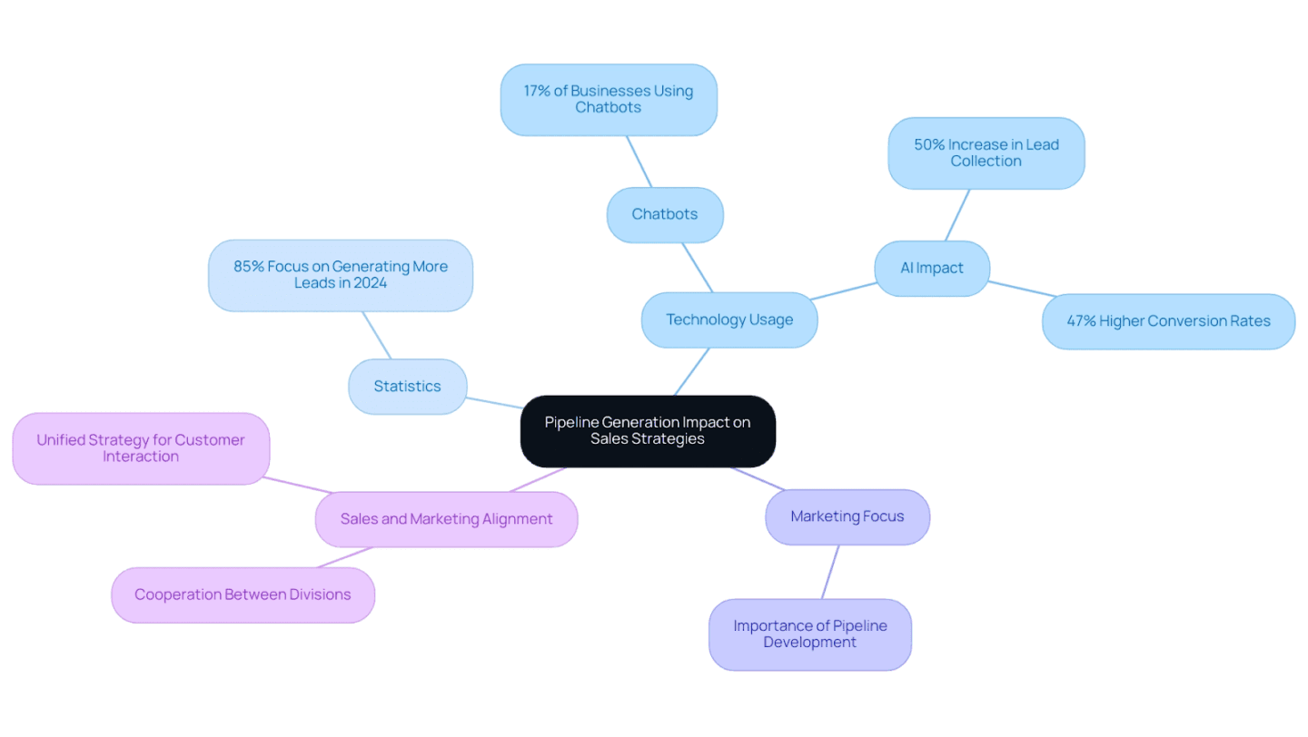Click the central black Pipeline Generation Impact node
(x=647, y=431)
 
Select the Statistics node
(x=407, y=387)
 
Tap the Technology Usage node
(x=729, y=319)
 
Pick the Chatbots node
(x=665, y=215)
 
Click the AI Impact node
(x=931, y=269)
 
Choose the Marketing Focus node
(x=847, y=517)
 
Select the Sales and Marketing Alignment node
(x=446, y=519)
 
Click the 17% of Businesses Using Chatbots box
(x=609, y=100)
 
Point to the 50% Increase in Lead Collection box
(x=986, y=153)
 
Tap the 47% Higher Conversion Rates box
(x=1168, y=321)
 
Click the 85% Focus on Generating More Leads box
(x=341, y=275)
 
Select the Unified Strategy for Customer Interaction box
(x=141, y=448)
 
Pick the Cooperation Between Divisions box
(x=243, y=595)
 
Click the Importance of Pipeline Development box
(x=809, y=634)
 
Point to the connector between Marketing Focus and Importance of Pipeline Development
(x=830, y=572)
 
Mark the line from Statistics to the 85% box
(x=377, y=336)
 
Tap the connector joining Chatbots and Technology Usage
(x=697, y=267)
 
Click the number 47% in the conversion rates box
(x=1081, y=321)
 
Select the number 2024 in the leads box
(x=369, y=283)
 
